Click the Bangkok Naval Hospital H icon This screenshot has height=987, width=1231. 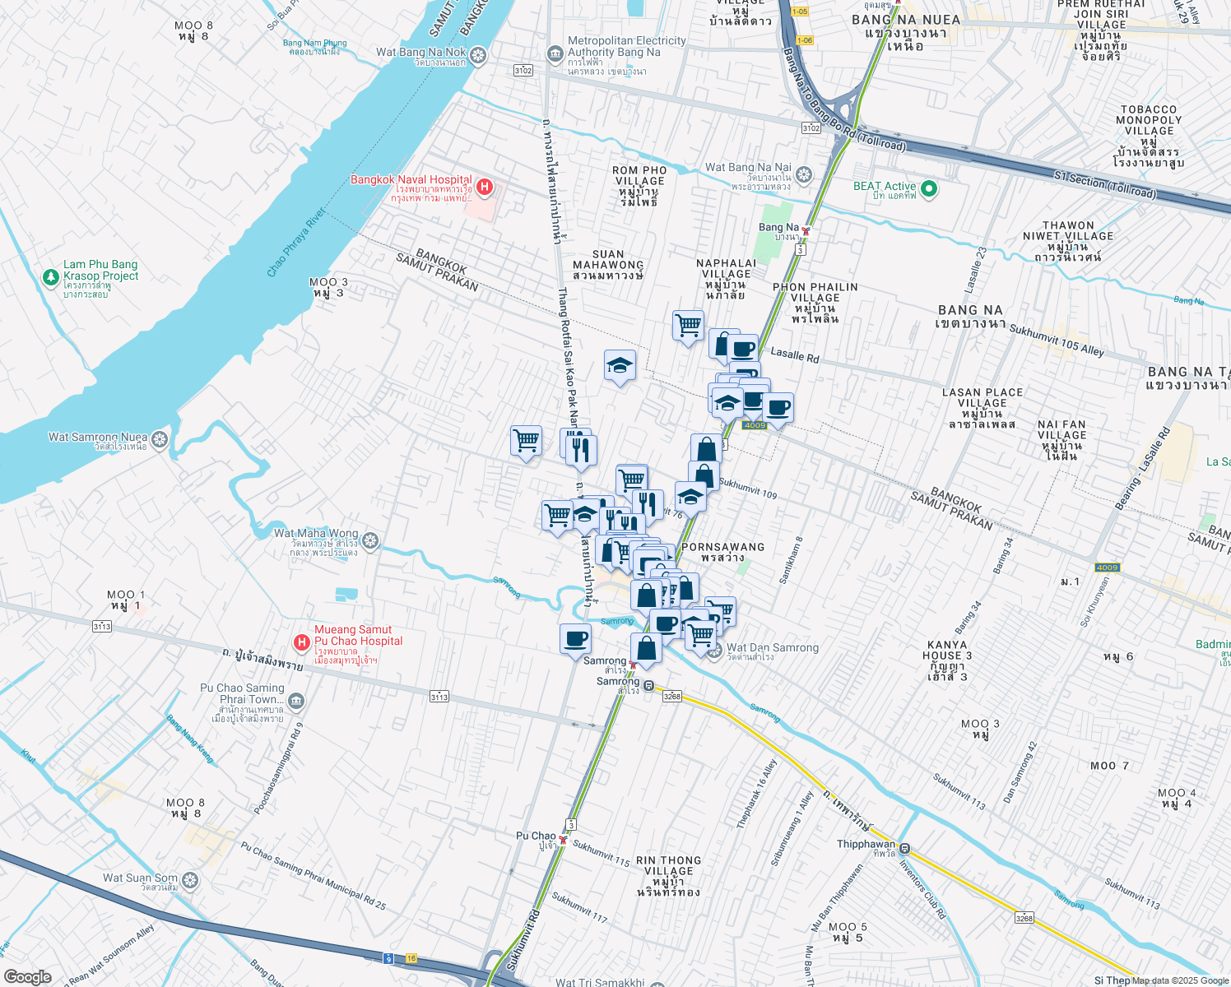pyautogui.click(x=485, y=187)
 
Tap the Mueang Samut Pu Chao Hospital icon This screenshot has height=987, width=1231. pyautogui.click(x=302, y=642)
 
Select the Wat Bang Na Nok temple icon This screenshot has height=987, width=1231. pyautogui.click(x=478, y=56)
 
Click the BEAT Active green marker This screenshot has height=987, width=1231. pyautogui.click(x=929, y=189)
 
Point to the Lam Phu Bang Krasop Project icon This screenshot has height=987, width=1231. pyautogui.click(x=51, y=277)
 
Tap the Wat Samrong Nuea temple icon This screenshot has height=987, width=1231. pyautogui.click(x=160, y=439)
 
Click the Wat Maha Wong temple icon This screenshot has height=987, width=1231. pyautogui.click(x=370, y=540)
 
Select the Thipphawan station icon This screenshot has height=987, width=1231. pyautogui.click(x=904, y=848)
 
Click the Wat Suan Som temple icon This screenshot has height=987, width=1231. pyautogui.click(x=190, y=881)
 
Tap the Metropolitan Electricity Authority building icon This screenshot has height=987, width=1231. pyautogui.click(x=555, y=54)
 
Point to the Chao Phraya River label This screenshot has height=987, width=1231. pyautogui.click(x=296, y=243)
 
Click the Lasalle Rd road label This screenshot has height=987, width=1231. pyautogui.click(x=794, y=355)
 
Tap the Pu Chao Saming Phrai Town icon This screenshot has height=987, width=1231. pyautogui.click(x=296, y=702)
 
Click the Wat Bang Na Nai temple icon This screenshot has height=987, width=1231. pyautogui.click(x=804, y=174)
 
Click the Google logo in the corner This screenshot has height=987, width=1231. pyautogui.click(x=27, y=976)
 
